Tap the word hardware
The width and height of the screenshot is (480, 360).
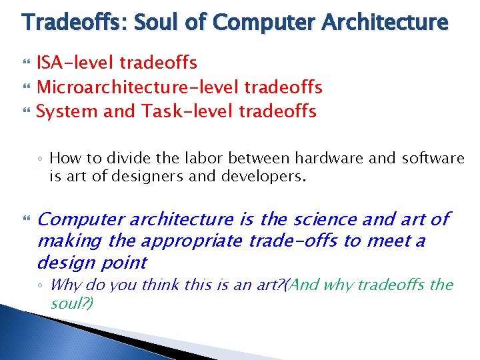coord(294,158)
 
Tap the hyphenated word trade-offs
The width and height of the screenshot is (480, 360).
coord(293,240)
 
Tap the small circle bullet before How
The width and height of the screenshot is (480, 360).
coord(41,159)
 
